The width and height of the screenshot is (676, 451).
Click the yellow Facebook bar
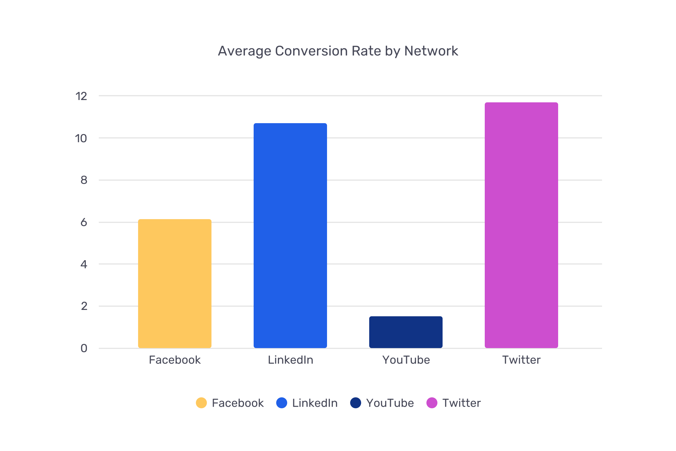coord(175,283)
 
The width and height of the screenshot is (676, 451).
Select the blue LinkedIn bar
coord(290,236)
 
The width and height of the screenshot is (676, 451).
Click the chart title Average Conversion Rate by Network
coord(338,51)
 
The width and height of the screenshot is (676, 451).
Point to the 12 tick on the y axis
coord(81,96)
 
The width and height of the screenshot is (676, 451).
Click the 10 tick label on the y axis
coord(81,138)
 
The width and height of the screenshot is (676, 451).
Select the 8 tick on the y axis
coord(84,180)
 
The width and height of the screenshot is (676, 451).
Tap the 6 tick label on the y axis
coord(84,222)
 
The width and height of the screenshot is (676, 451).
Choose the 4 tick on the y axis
coord(84,264)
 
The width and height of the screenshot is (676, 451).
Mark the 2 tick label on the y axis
coord(84,306)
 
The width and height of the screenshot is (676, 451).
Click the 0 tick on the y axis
coord(84,348)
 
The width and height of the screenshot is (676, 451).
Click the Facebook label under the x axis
coord(175,360)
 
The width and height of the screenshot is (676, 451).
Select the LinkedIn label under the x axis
coord(291,360)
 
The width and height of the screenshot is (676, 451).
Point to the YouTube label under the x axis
coord(406,360)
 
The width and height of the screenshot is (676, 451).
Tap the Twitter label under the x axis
coord(521,360)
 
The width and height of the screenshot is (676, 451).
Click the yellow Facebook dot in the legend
coord(201,403)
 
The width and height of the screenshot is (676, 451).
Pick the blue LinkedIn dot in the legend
coord(282,403)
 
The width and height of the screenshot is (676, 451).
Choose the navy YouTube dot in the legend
coord(356,403)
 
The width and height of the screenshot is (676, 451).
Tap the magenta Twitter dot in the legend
coord(432,403)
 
